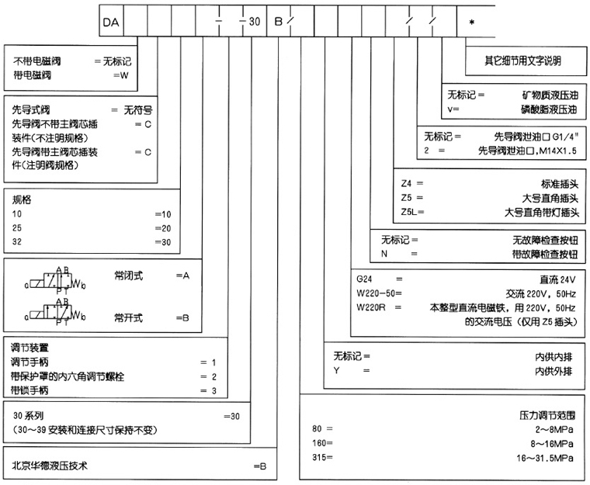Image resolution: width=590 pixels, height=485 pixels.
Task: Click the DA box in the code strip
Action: [x=111, y=21]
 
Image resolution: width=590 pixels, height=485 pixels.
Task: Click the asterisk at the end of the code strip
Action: [x=472, y=21]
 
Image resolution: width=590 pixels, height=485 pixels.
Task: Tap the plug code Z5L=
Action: [x=411, y=211]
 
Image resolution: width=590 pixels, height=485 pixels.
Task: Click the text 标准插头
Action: [x=554, y=183]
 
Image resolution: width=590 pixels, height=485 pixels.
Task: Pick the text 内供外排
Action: [x=554, y=372]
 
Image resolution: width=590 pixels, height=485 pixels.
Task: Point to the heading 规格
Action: [x=22, y=198]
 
